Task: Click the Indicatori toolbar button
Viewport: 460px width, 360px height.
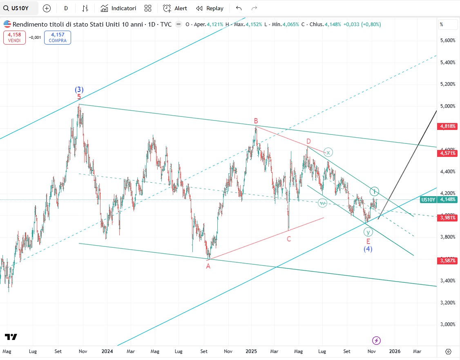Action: click(118, 8)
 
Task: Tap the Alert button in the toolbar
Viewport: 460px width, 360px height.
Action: click(175, 8)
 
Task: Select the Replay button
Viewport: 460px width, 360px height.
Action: click(210, 8)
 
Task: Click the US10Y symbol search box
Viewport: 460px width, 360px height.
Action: click(20, 8)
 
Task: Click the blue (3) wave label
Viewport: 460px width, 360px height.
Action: click(79, 89)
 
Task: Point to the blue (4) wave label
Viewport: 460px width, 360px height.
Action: click(368, 248)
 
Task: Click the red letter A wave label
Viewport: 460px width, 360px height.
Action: click(208, 266)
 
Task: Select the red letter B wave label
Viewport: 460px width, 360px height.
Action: click(256, 121)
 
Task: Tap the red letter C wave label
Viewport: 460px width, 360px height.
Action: click(288, 239)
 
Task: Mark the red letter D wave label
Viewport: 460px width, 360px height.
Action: click(309, 141)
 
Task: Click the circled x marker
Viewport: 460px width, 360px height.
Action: click(328, 152)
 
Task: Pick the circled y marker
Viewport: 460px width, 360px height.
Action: click(368, 232)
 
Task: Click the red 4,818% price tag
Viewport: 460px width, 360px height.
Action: click(448, 126)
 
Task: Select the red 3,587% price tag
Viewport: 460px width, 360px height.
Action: click(448, 260)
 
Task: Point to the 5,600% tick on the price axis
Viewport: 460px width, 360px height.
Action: click(447, 40)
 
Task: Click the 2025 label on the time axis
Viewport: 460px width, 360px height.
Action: click(251, 351)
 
